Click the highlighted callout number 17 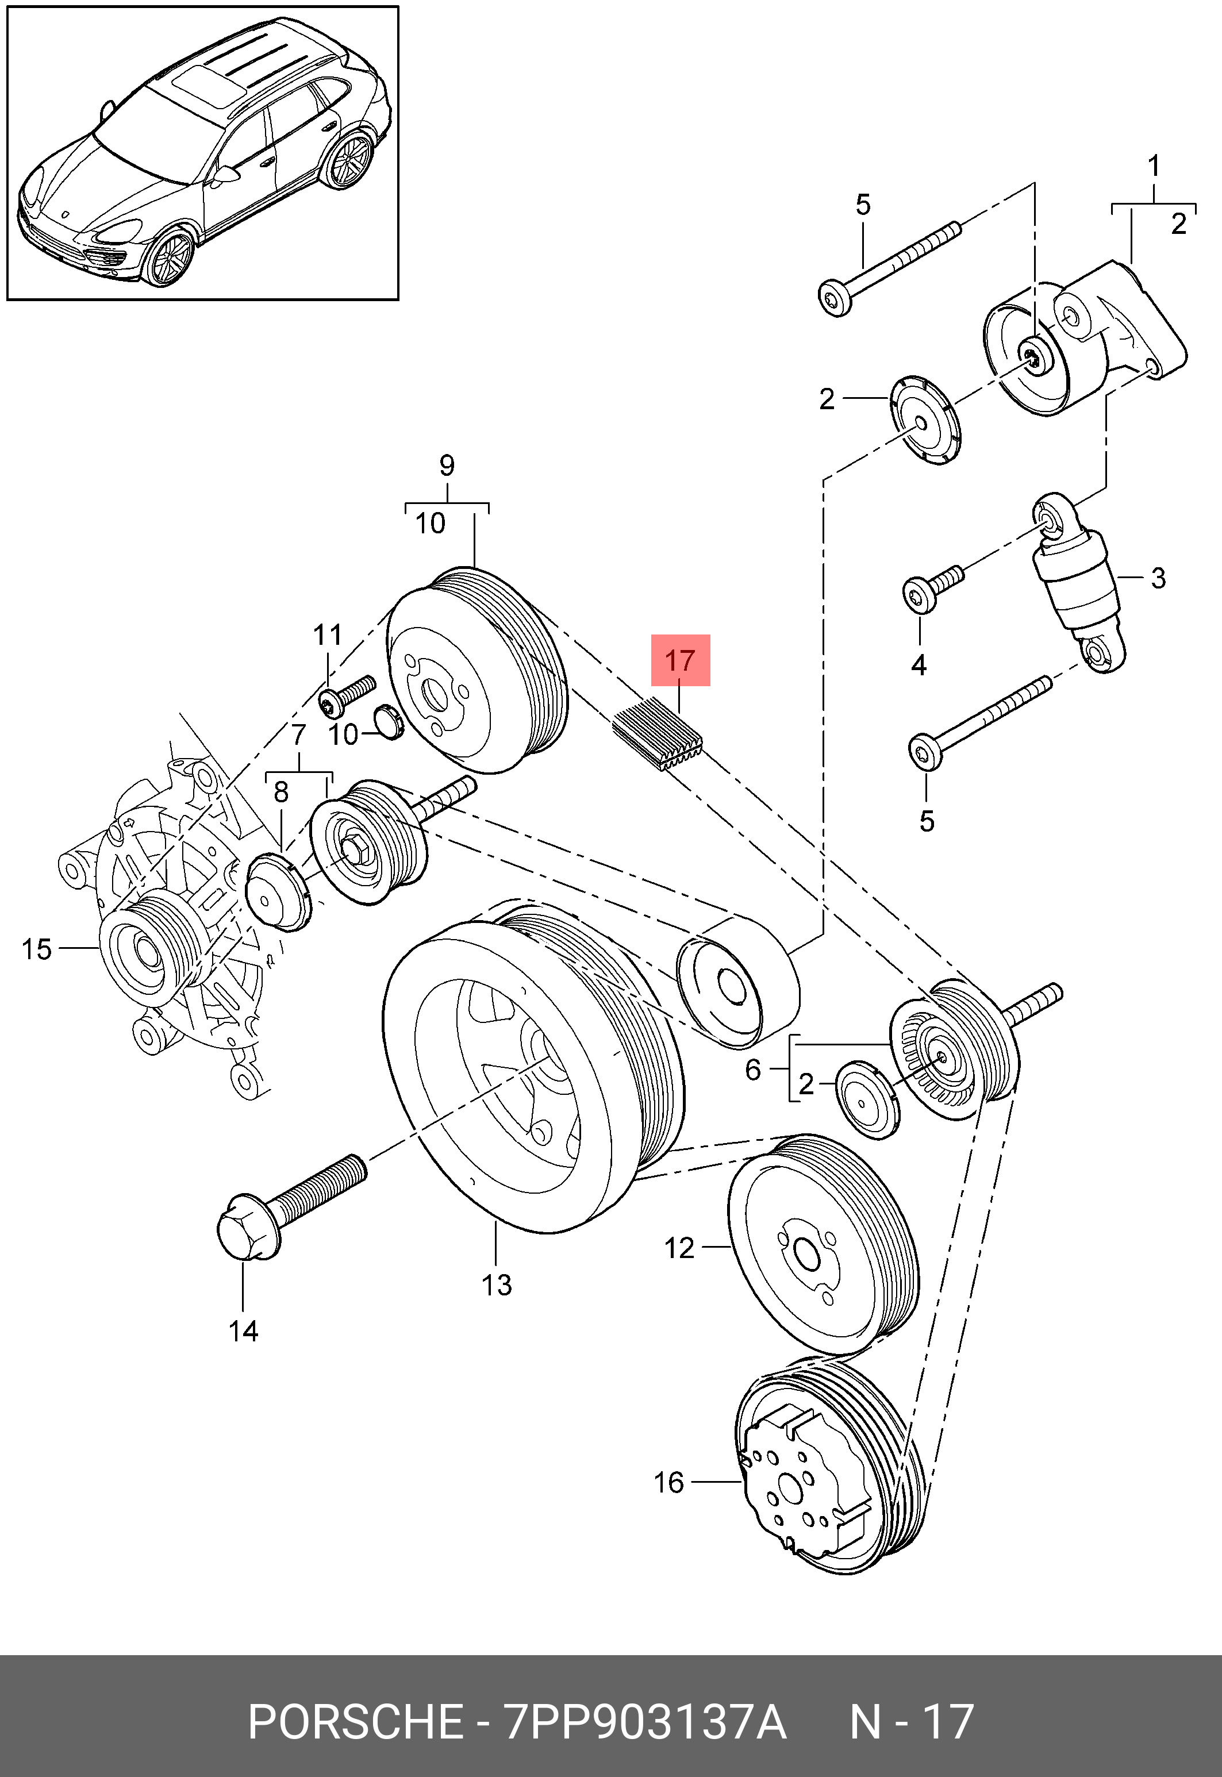(680, 659)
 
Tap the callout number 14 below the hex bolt (244, 1332)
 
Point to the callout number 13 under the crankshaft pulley (496, 1284)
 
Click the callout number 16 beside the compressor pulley (668, 1482)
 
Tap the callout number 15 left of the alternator (36, 949)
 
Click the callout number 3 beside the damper (1158, 578)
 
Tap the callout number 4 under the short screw (919, 666)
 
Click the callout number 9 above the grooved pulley (447, 465)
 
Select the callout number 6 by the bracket (752, 1070)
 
